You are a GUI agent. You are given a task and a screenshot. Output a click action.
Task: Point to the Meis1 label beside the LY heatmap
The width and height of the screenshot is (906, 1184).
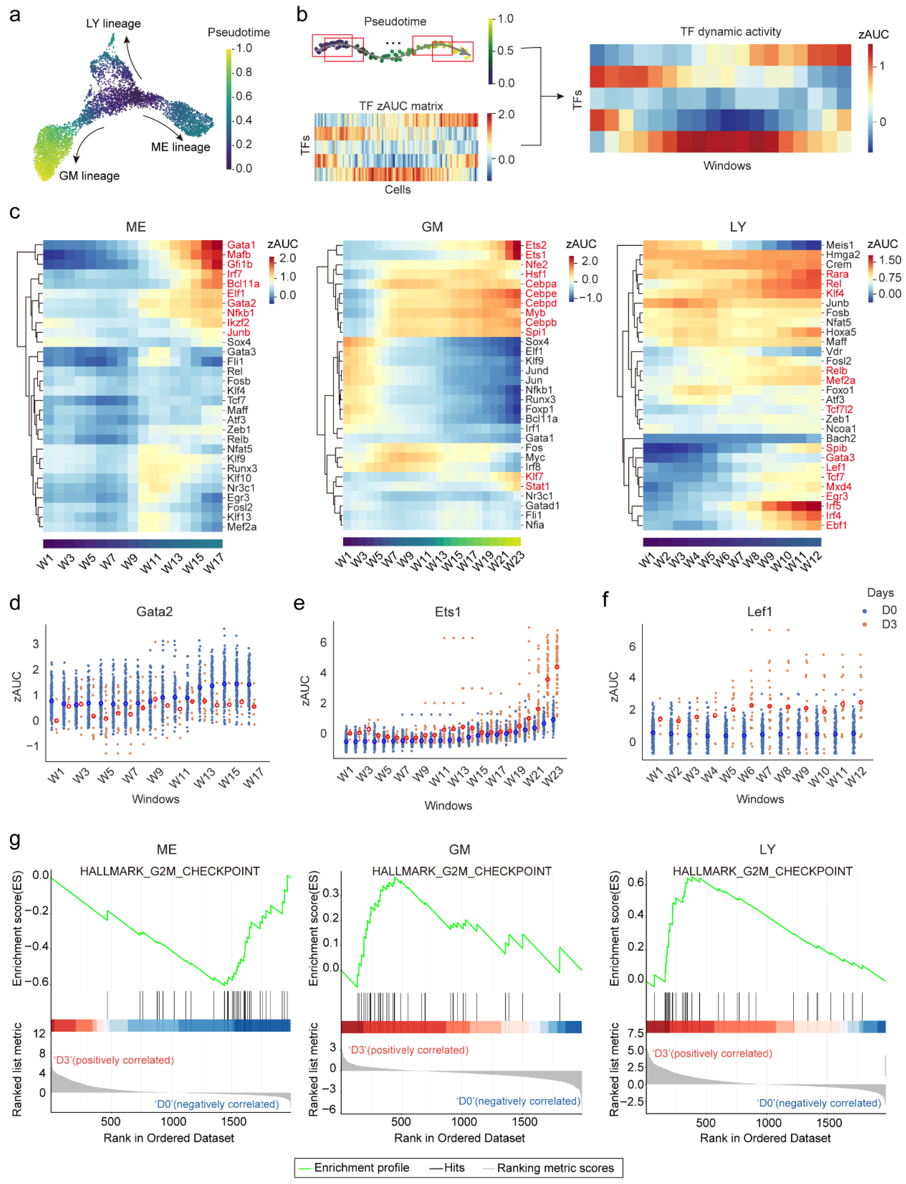tap(840, 245)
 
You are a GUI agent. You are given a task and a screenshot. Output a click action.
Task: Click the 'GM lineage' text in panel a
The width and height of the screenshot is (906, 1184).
tap(89, 176)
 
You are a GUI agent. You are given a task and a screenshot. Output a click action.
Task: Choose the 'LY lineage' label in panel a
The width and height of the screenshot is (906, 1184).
tap(113, 24)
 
